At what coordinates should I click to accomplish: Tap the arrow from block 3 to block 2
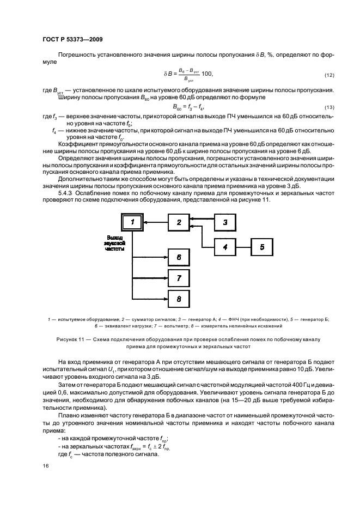pos(202,219)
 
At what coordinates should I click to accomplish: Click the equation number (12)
pos(328,75)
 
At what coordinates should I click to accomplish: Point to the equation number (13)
pos(328,107)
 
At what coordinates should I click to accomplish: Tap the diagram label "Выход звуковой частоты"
pos(115,243)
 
